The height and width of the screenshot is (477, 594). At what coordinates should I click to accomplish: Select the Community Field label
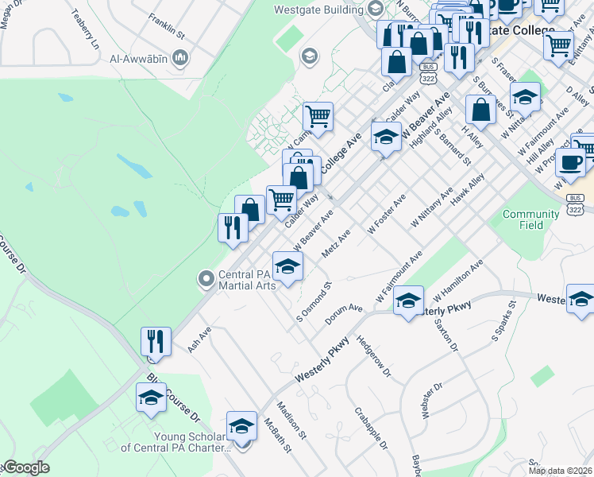click(531, 219)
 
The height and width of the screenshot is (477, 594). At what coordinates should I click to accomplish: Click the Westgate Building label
click(317, 10)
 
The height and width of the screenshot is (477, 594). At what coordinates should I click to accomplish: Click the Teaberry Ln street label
click(84, 29)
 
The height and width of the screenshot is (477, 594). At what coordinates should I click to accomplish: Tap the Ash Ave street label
click(199, 339)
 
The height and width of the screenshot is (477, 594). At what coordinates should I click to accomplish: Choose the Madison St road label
click(297, 425)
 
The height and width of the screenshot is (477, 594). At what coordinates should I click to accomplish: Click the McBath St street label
click(278, 438)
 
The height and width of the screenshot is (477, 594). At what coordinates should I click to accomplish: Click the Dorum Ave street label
click(343, 314)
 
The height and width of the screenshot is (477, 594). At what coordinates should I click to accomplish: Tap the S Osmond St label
click(313, 301)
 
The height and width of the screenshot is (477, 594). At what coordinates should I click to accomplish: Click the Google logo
click(25, 467)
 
